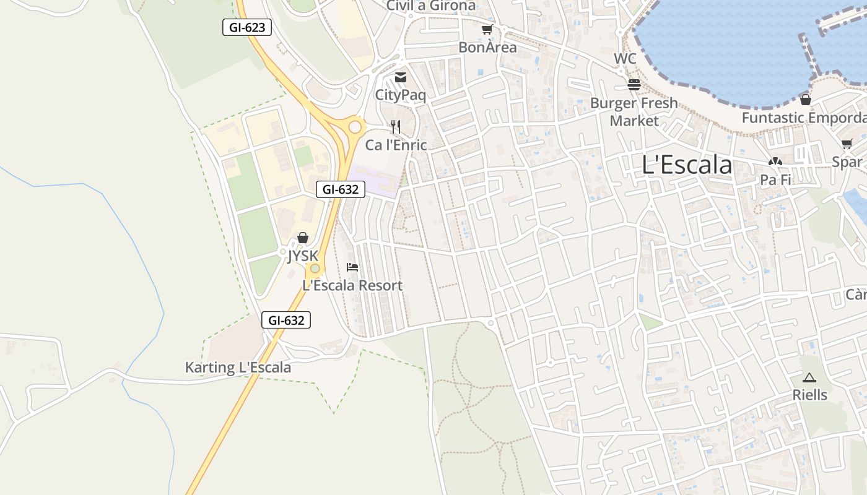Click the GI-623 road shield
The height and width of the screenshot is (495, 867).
coord(247,27)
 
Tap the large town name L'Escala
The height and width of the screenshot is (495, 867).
coord(687,165)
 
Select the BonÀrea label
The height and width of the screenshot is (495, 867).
coord(487,47)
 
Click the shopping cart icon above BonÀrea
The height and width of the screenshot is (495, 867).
coord(487,29)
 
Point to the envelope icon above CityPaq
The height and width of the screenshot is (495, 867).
coord(401,77)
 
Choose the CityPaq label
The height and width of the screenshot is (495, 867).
coord(401,95)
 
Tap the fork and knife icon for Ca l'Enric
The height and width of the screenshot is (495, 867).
coord(396,127)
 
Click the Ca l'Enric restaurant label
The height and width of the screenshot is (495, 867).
coord(396,145)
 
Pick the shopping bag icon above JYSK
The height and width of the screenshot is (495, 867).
coord(303,238)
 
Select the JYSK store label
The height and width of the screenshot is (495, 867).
coord(303,256)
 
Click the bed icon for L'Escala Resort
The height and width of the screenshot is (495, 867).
coord(352,267)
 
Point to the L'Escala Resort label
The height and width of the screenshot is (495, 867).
coord(352,285)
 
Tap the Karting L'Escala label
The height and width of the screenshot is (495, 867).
coord(238,368)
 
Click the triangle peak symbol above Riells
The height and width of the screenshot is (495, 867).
coord(809,377)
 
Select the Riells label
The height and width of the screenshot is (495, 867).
coord(809,395)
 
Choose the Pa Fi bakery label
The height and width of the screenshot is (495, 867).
coord(775,180)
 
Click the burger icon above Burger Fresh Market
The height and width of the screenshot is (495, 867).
coord(634,84)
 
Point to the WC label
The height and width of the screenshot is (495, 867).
coord(625,59)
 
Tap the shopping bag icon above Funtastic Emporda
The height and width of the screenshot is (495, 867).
coord(806,99)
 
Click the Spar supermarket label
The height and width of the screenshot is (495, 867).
coord(847,162)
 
